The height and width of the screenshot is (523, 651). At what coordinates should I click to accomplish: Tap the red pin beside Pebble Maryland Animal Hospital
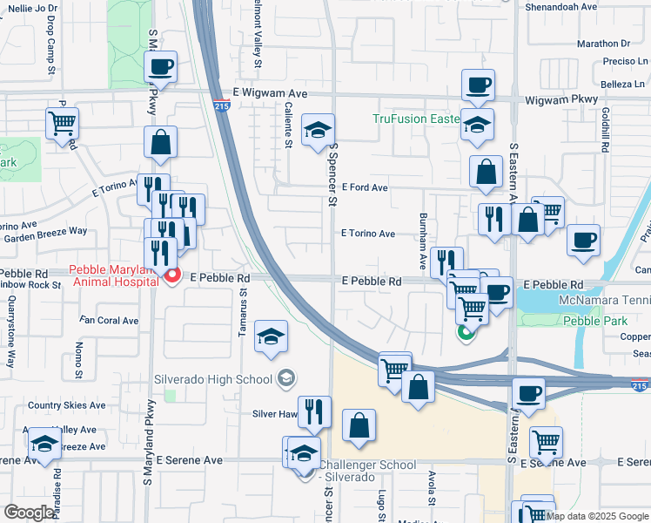(x=172, y=277)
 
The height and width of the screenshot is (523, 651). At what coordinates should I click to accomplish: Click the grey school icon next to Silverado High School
(x=285, y=379)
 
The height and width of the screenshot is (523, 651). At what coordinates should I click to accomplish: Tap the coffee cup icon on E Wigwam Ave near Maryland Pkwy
(x=160, y=67)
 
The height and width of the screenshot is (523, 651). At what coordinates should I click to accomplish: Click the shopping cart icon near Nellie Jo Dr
(x=62, y=123)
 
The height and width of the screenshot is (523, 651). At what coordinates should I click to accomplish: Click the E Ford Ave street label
(x=365, y=187)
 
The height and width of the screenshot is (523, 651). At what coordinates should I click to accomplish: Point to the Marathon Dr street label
(x=602, y=43)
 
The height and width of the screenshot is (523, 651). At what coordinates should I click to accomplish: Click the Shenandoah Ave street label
(x=561, y=6)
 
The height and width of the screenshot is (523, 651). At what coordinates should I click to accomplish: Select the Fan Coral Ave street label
(x=109, y=321)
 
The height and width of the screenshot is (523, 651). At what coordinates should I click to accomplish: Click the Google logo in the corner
(x=29, y=513)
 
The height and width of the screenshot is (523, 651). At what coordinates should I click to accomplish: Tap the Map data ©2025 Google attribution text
(x=597, y=516)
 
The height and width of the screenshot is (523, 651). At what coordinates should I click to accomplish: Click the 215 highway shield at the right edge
(x=640, y=384)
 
